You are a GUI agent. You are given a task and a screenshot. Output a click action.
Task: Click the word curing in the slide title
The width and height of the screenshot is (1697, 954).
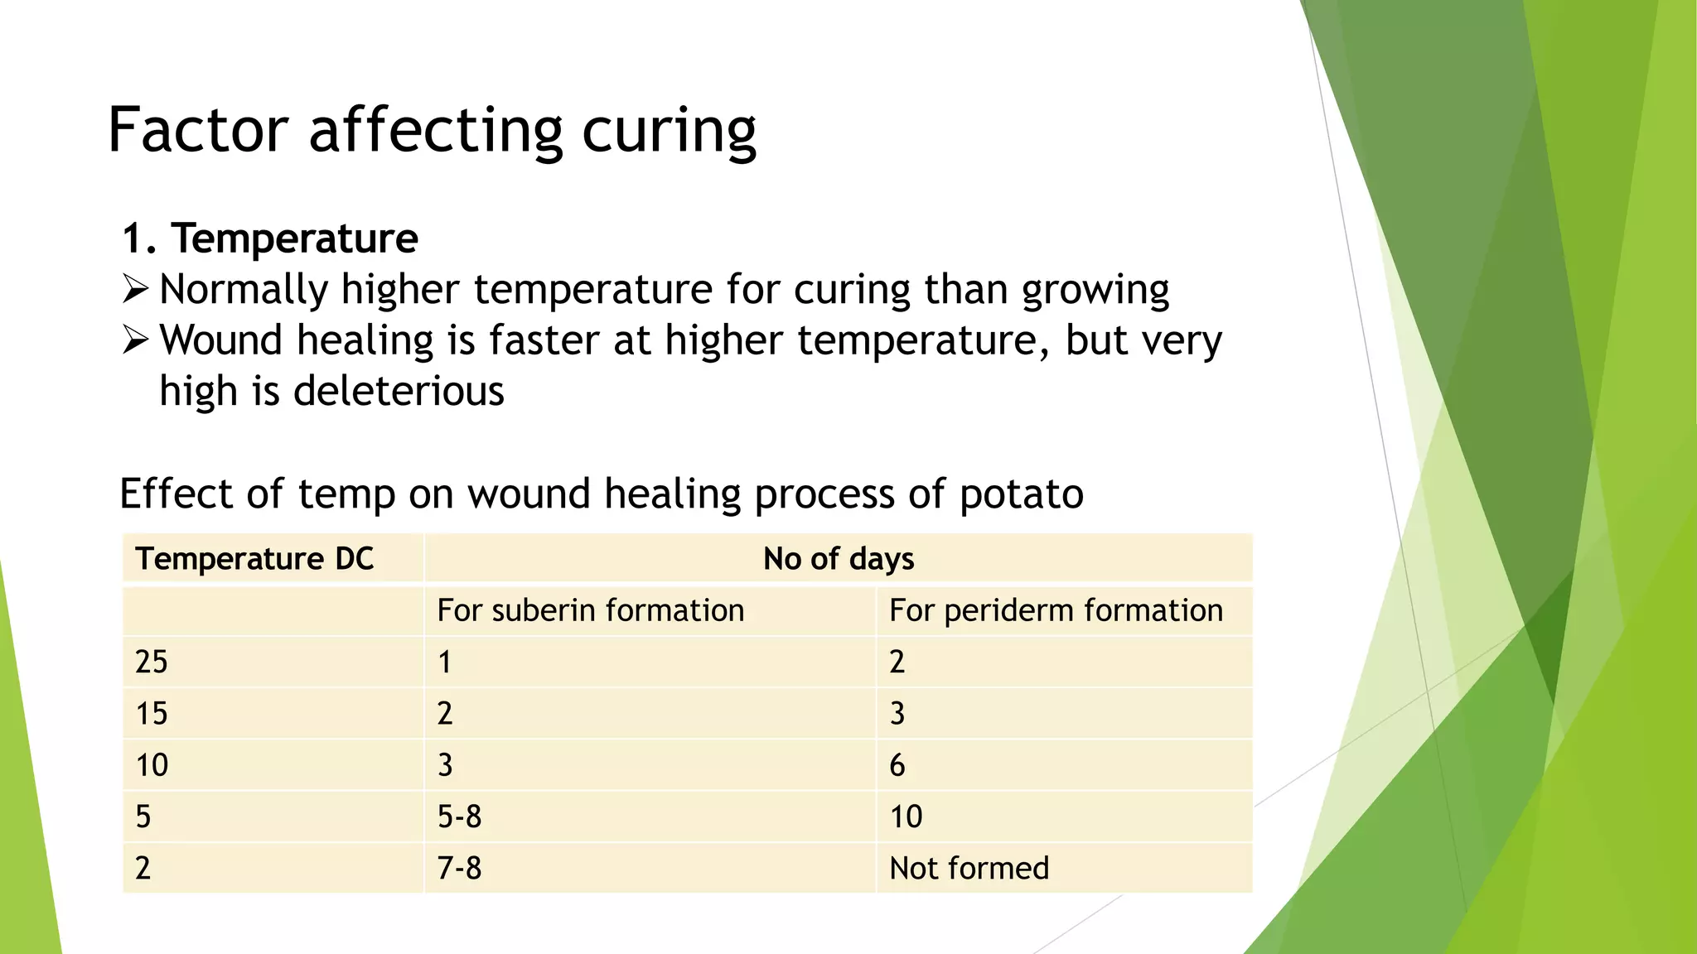pos(669,132)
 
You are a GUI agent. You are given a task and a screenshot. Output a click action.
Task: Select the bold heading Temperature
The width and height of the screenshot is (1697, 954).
pos(294,238)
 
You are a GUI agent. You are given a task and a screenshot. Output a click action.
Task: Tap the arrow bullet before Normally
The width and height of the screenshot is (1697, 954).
pos(135,289)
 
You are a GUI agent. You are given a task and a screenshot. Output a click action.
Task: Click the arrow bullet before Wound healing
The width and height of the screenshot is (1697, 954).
pos(135,340)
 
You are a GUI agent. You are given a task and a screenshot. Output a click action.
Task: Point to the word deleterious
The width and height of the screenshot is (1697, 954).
pos(399,391)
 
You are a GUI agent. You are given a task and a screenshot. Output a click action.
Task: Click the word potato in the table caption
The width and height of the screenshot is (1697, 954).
pos(1021,494)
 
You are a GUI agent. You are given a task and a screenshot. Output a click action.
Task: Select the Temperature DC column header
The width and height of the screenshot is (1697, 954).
pos(254,559)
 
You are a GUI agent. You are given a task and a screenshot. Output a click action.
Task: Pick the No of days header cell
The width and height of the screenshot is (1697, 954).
pos(838,559)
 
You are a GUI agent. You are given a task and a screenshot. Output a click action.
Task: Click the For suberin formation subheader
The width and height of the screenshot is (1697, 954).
pos(590,610)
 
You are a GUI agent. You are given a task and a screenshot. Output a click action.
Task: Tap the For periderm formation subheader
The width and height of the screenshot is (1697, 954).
pos(1056,610)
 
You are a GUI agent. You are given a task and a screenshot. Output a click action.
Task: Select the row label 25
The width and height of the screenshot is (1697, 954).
pos(152,662)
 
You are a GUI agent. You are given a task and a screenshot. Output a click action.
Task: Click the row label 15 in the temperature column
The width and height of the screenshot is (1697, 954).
pos(152,714)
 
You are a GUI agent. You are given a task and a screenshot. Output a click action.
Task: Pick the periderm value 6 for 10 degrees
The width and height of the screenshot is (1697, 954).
pos(897,765)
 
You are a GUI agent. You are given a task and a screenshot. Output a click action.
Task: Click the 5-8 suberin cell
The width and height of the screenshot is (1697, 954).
pos(459,817)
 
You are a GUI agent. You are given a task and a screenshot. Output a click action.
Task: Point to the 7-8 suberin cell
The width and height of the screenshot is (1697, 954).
pos(459,868)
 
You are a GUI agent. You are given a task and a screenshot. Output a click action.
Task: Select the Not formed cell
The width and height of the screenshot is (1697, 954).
pos(969,868)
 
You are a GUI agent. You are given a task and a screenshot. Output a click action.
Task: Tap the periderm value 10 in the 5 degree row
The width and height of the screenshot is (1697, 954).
pos(906,817)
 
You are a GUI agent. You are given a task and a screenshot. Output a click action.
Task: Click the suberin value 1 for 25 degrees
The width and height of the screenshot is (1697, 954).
pos(445,662)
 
